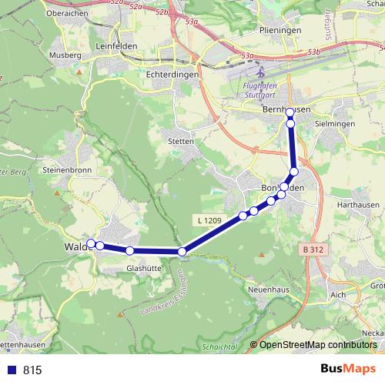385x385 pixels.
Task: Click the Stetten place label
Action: (181, 142)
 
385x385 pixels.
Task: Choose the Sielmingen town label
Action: (337, 123)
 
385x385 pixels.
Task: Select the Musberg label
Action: (65, 55)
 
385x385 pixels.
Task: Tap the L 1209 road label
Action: (209, 222)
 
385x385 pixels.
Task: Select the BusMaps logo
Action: (348, 370)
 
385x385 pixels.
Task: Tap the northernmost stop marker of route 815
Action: (290, 112)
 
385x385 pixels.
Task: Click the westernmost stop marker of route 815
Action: (91, 244)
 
